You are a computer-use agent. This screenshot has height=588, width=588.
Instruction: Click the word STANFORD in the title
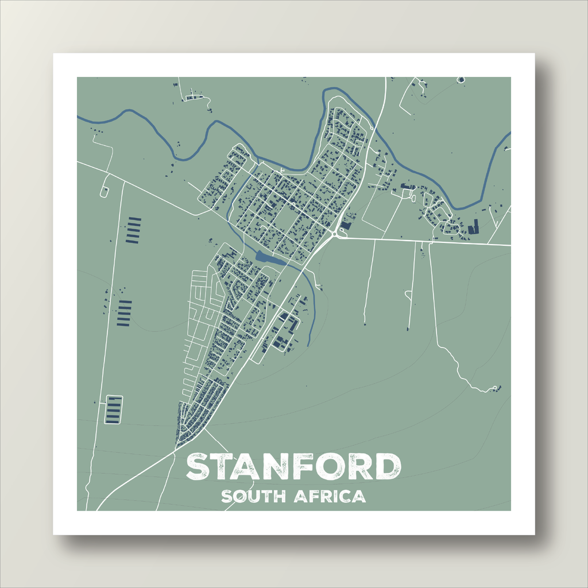(293, 467)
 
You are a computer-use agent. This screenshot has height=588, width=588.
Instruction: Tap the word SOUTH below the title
(253, 496)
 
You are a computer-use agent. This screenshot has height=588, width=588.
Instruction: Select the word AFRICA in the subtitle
(330, 496)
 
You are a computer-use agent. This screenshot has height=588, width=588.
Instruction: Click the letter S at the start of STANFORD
(198, 467)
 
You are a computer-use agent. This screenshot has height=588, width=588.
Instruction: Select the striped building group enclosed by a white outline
(113, 409)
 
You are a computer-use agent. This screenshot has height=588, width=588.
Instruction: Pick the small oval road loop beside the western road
(104, 191)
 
